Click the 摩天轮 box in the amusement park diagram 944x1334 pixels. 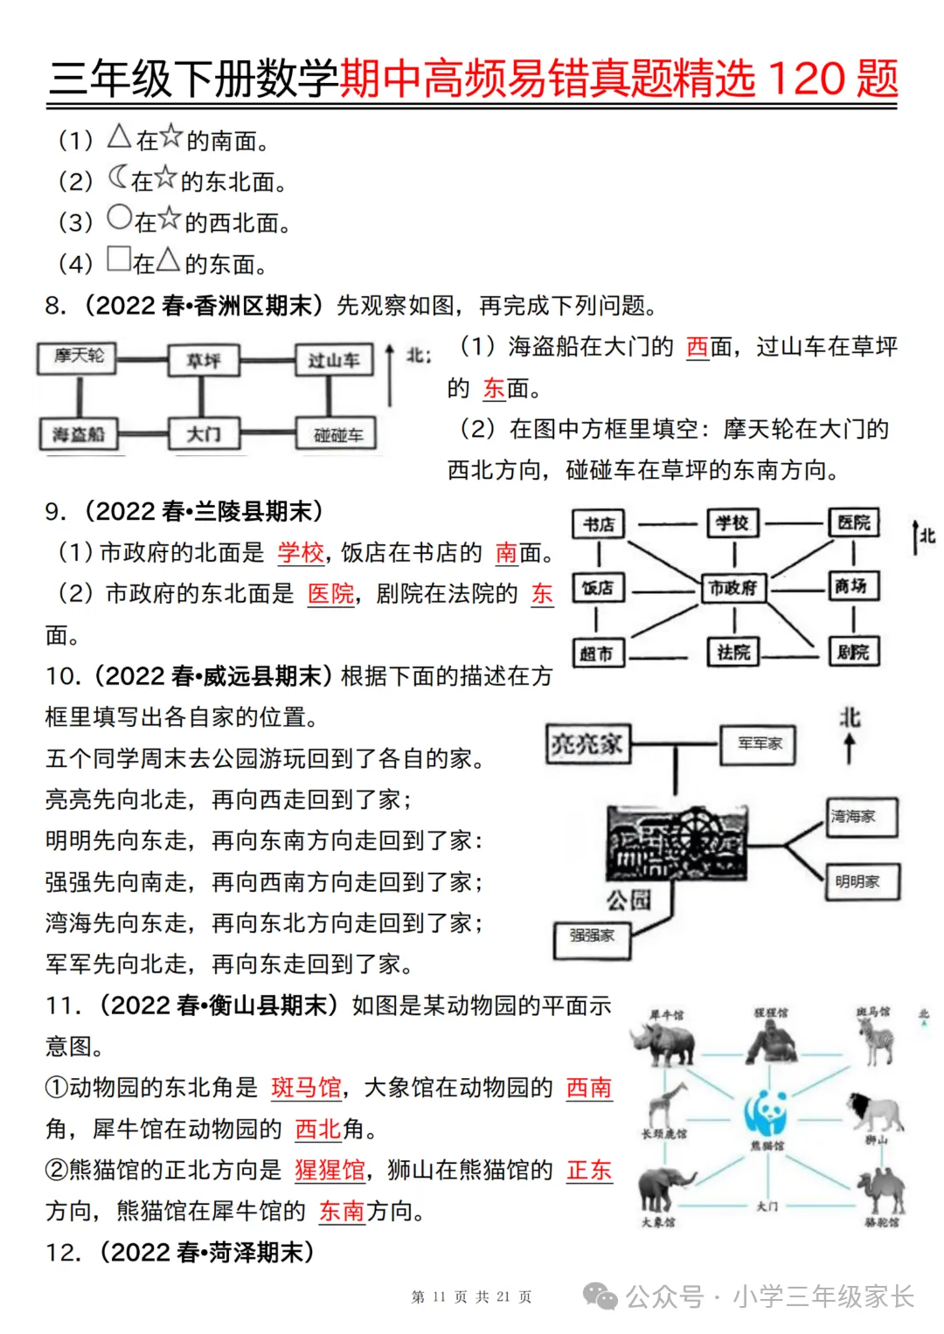(x=78, y=356)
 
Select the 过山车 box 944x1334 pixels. (x=333, y=360)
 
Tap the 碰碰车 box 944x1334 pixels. (x=337, y=435)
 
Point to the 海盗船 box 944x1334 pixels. (x=78, y=434)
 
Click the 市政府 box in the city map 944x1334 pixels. (x=733, y=588)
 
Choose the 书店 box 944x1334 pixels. (x=599, y=524)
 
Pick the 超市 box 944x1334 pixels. (x=597, y=653)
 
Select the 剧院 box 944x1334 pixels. (x=852, y=652)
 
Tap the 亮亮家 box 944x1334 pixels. (x=587, y=743)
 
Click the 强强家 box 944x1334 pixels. (x=592, y=937)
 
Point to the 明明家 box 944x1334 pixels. (x=861, y=881)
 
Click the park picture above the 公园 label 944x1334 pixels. (x=677, y=843)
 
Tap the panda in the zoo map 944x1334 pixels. (x=767, y=1112)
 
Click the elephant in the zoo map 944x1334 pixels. (x=664, y=1190)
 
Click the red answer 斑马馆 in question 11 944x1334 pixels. (x=306, y=1088)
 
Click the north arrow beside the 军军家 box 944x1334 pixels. (x=850, y=749)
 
